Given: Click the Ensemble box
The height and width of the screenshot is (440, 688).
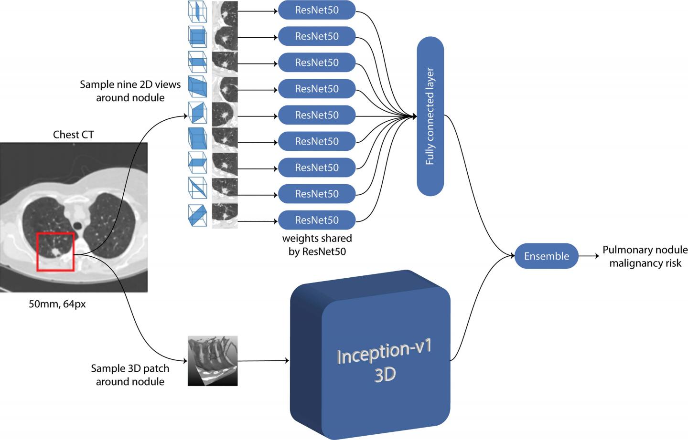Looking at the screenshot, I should tap(547, 256).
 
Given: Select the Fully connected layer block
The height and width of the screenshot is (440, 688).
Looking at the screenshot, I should tap(430, 116).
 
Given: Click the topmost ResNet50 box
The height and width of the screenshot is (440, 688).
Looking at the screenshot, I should tap(317, 10).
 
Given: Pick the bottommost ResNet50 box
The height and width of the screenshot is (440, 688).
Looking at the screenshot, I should tap(317, 220).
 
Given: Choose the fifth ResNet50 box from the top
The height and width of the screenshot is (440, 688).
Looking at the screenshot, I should tap(317, 115).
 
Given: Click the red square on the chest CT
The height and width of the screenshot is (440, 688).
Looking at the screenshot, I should tap(55, 251).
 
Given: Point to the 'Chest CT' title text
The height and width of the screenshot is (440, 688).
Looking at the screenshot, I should tap(73, 135).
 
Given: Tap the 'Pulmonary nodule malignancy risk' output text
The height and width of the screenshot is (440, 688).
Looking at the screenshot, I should tap(645, 256).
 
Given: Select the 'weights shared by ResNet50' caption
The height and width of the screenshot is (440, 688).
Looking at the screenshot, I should tap(317, 244).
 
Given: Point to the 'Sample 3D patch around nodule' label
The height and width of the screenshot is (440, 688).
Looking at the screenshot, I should tap(130, 375).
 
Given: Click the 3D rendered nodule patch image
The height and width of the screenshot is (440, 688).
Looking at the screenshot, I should tap(213, 361).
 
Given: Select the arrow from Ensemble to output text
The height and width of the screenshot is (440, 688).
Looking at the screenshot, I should tap(589, 256).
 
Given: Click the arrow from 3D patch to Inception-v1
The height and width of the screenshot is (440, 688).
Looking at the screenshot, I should tap(263, 361).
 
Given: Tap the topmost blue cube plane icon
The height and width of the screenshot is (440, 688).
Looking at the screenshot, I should tap(197, 10).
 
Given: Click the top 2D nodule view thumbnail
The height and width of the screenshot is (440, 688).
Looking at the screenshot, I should tap(225, 10).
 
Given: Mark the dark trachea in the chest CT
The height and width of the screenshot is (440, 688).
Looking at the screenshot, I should tap(78, 224).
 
